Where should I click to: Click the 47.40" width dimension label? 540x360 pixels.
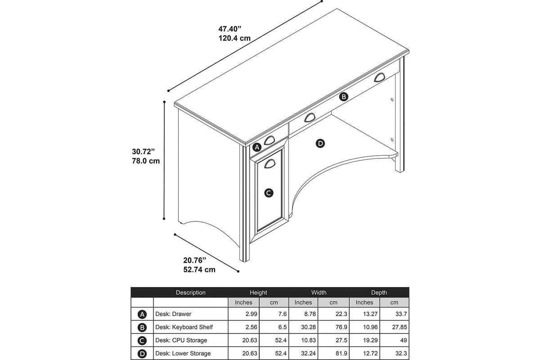click(230, 29)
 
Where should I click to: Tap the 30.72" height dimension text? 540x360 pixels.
click(143, 152)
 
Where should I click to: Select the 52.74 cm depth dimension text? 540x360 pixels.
click(199, 270)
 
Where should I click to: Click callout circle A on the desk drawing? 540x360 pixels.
click(257, 147)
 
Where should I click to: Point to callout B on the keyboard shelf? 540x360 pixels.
click(343, 97)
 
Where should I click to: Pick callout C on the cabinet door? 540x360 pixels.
click(269, 193)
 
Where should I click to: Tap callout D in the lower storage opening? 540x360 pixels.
click(320, 144)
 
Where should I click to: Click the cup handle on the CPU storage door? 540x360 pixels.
click(270, 164)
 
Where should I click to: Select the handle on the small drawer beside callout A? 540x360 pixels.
click(269, 140)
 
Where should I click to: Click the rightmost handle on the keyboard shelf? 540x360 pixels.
click(379, 77)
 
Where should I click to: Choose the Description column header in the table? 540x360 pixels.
click(190, 292)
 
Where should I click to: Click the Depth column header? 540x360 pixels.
click(379, 292)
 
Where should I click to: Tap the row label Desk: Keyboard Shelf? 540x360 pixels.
click(184, 327)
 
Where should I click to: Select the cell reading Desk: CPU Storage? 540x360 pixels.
click(181, 340)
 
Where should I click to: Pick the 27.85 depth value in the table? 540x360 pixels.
click(399, 327)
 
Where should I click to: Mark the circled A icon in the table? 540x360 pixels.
click(142, 315)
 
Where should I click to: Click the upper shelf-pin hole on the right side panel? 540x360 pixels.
click(392, 99)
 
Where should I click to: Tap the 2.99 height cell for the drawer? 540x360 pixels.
click(251, 314)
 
